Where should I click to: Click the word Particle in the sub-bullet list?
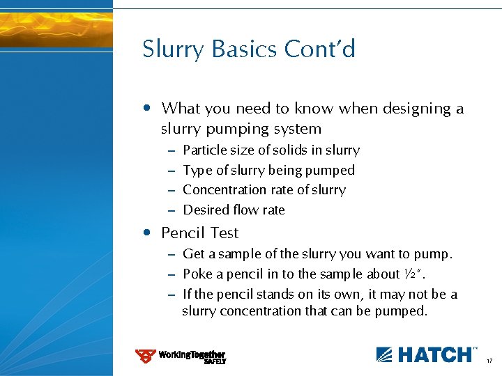[x=205, y=150]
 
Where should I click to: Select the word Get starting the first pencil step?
[x=193, y=254]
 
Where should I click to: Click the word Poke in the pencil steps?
[x=196, y=274]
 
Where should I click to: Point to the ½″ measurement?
[x=415, y=274]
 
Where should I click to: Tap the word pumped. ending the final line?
[x=401, y=311]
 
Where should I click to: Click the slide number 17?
[x=490, y=361]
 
